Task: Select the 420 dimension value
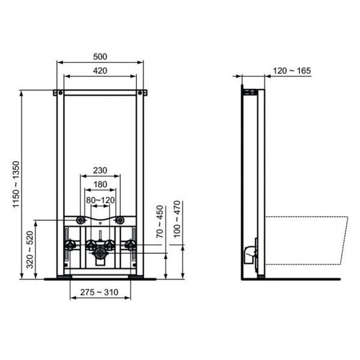click(100, 71)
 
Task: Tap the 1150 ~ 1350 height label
click(17, 183)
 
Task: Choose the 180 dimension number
click(100, 185)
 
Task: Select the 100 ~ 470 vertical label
click(178, 220)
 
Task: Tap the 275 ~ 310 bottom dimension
click(100, 292)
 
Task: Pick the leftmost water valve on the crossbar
click(71, 245)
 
